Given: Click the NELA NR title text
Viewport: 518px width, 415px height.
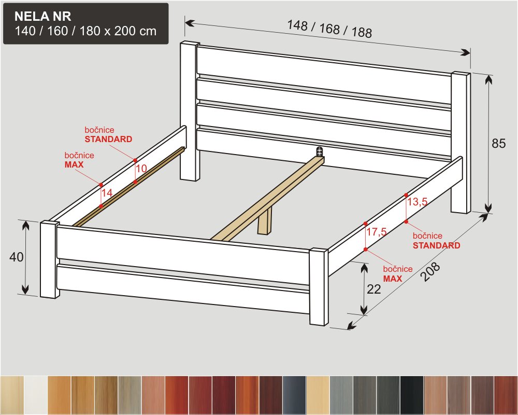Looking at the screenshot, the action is click(x=43, y=16).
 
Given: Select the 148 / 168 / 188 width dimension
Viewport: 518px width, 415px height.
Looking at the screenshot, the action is click(x=329, y=29).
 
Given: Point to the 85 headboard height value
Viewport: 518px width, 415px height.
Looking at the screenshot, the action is click(x=498, y=143).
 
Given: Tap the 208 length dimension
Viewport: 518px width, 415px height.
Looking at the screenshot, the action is click(x=431, y=271).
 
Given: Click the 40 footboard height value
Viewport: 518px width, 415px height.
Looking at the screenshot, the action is click(x=16, y=257).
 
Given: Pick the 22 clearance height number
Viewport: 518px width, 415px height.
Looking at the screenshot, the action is click(x=374, y=289).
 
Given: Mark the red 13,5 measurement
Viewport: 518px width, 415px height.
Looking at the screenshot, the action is click(x=417, y=202).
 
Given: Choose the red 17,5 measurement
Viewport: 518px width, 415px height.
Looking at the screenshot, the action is click(x=376, y=232).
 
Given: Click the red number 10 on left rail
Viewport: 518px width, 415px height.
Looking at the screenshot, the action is click(x=141, y=169).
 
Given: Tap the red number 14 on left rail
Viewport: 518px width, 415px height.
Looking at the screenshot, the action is click(x=107, y=192).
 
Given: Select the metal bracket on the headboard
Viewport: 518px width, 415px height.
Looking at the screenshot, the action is click(x=319, y=151).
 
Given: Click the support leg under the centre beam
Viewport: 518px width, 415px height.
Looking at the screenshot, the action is click(x=264, y=221).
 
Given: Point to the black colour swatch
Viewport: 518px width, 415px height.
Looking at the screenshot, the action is click(x=412, y=395).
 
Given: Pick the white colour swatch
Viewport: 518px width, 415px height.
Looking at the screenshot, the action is click(x=36, y=395).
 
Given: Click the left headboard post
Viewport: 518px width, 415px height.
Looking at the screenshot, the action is click(x=190, y=111).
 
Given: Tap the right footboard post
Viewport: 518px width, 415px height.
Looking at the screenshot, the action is click(x=319, y=287).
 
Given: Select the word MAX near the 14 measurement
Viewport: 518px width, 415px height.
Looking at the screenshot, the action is click(x=74, y=164).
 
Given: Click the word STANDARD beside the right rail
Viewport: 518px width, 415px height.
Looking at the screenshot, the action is click(x=436, y=245).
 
